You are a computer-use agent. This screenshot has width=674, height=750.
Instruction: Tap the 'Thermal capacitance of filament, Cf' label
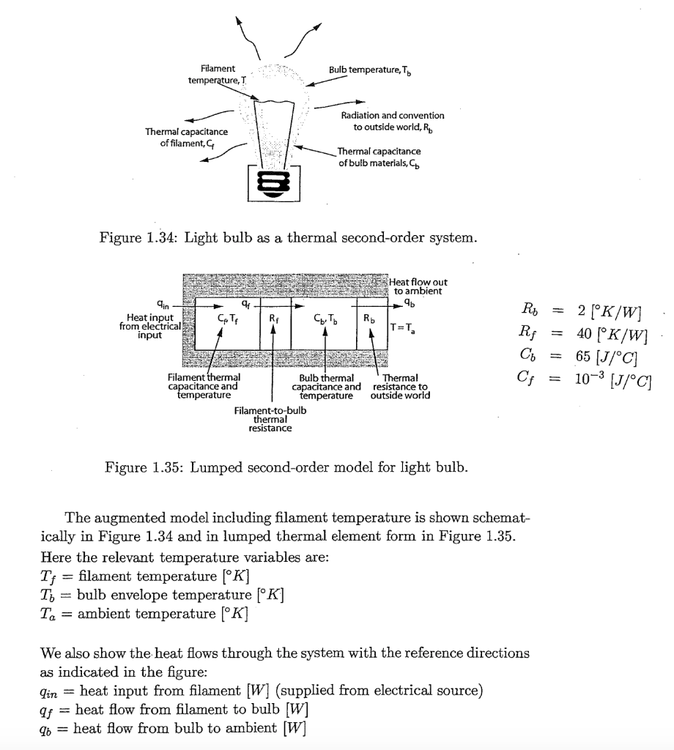pyautogui.click(x=186, y=137)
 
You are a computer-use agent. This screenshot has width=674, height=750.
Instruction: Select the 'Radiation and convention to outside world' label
pyautogui.click(x=393, y=121)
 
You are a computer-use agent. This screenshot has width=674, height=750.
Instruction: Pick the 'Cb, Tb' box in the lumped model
pyautogui.click(x=325, y=319)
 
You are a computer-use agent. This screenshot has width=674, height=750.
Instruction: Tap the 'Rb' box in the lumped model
pyautogui.click(x=369, y=319)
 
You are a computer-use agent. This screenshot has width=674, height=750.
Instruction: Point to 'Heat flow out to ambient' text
pyautogui.click(x=418, y=286)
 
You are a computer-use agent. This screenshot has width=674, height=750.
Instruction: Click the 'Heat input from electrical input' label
pyautogui.click(x=146, y=326)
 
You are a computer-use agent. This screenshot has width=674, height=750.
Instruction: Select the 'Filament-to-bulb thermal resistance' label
pyautogui.click(x=270, y=420)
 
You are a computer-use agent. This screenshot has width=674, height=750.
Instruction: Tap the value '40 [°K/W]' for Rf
pyautogui.click(x=613, y=336)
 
